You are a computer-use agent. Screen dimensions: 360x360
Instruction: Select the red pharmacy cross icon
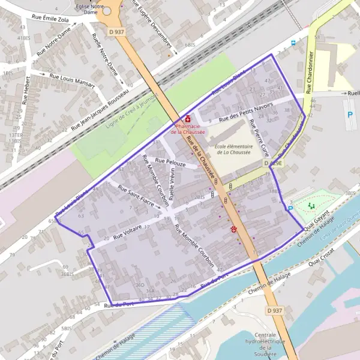(x=188, y=119)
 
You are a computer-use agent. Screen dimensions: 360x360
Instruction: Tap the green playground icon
(x=311, y=206)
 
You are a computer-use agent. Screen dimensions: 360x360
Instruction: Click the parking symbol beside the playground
(x=291, y=208)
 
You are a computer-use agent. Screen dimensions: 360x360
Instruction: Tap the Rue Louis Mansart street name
(x=71, y=80)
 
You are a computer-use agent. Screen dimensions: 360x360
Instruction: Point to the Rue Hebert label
(x=28, y=91)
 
